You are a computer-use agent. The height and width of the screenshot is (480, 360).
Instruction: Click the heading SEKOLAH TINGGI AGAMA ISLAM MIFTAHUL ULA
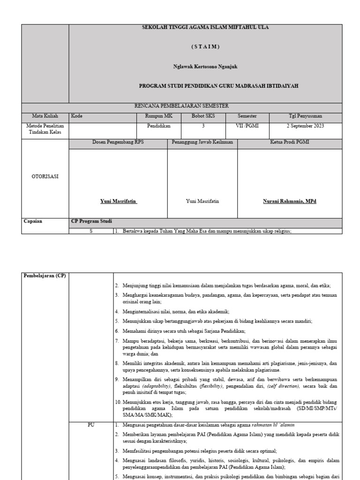(205, 28)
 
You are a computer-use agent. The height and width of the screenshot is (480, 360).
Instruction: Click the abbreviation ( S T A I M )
(205, 47)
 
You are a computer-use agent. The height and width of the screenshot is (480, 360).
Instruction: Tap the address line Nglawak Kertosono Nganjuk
(205, 67)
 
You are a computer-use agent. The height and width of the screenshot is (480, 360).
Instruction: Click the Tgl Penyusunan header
(305, 116)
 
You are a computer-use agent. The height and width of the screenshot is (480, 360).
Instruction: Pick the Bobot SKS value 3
(203, 126)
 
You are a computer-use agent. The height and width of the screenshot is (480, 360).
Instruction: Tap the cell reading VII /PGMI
(247, 126)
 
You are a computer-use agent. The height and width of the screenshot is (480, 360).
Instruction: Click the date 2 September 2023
(305, 126)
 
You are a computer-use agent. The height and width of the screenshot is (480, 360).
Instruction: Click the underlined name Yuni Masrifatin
(119, 201)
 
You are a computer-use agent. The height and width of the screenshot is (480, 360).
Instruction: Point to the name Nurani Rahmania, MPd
(289, 201)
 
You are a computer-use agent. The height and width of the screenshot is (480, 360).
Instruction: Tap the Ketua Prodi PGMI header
(289, 142)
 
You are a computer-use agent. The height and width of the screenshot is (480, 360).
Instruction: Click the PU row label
(91, 425)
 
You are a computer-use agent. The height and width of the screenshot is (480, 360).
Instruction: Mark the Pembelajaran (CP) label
(45, 275)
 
